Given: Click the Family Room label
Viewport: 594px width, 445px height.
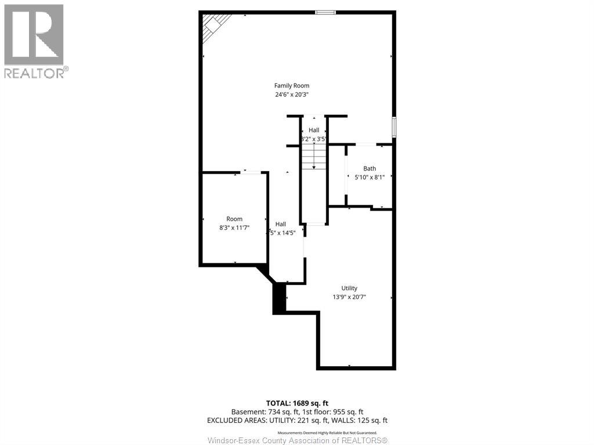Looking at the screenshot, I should (292, 86).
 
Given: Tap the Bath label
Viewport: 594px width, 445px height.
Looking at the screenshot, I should (370, 169).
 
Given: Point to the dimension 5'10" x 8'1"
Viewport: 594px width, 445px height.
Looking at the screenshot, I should (370, 178).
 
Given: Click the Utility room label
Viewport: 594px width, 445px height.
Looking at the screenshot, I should (349, 288).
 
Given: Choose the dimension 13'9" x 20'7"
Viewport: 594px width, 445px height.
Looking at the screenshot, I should (349, 297).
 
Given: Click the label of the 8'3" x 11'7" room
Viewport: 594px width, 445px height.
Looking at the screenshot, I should (234, 219).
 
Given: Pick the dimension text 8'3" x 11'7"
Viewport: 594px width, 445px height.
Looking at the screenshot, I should (234, 228).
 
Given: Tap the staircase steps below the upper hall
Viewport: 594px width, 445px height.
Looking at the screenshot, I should (314, 156).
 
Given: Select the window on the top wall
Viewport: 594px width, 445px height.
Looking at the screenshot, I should (325, 12).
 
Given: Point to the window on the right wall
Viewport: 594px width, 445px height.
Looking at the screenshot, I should (394, 127).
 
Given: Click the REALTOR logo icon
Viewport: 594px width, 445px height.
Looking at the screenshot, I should (34, 34).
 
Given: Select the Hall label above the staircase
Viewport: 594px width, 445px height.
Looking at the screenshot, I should (314, 130).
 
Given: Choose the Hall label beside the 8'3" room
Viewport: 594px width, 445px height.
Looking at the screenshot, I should (281, 224).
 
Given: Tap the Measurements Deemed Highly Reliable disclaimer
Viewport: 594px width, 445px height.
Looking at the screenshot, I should (327, 433).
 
